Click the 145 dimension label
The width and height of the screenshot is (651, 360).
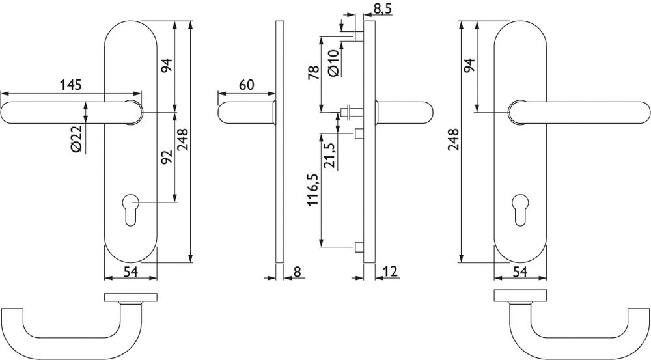70,85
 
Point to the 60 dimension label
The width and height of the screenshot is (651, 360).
246,85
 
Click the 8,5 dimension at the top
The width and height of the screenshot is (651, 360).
382,8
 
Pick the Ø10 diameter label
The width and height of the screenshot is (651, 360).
334,62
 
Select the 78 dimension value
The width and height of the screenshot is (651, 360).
314,72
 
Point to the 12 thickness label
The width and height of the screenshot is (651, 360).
390,271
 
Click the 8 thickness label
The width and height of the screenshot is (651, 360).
297,271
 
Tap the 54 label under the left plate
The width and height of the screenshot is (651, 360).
130,272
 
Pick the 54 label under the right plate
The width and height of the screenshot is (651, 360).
519,272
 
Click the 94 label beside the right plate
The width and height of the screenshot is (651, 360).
469,66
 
